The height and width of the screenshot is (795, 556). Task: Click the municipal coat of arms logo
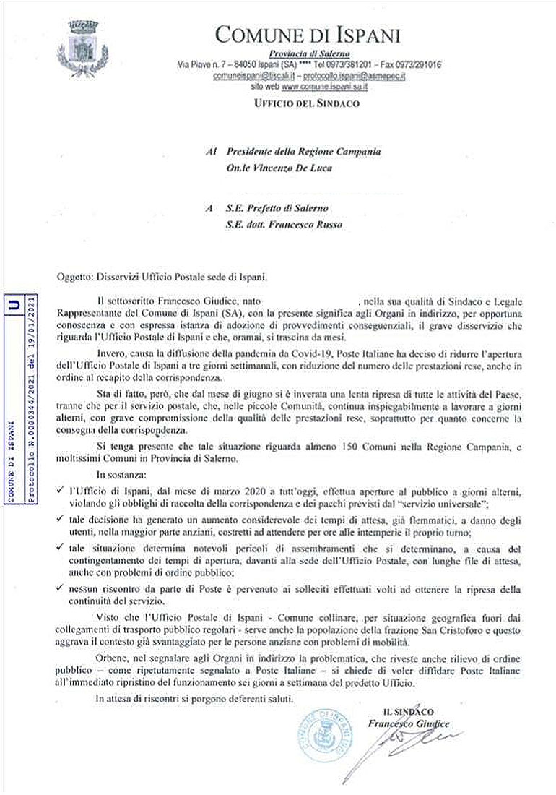pyautogui.click(x=77, y=43)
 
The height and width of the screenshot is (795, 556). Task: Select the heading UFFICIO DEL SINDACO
pyautogui.click(x=307, y=103)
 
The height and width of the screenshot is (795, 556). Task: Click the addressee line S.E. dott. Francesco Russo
pyautogui.click(x=272, y=223)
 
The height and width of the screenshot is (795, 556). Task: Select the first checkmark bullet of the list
pyautogui.click(x=59, y=491)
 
